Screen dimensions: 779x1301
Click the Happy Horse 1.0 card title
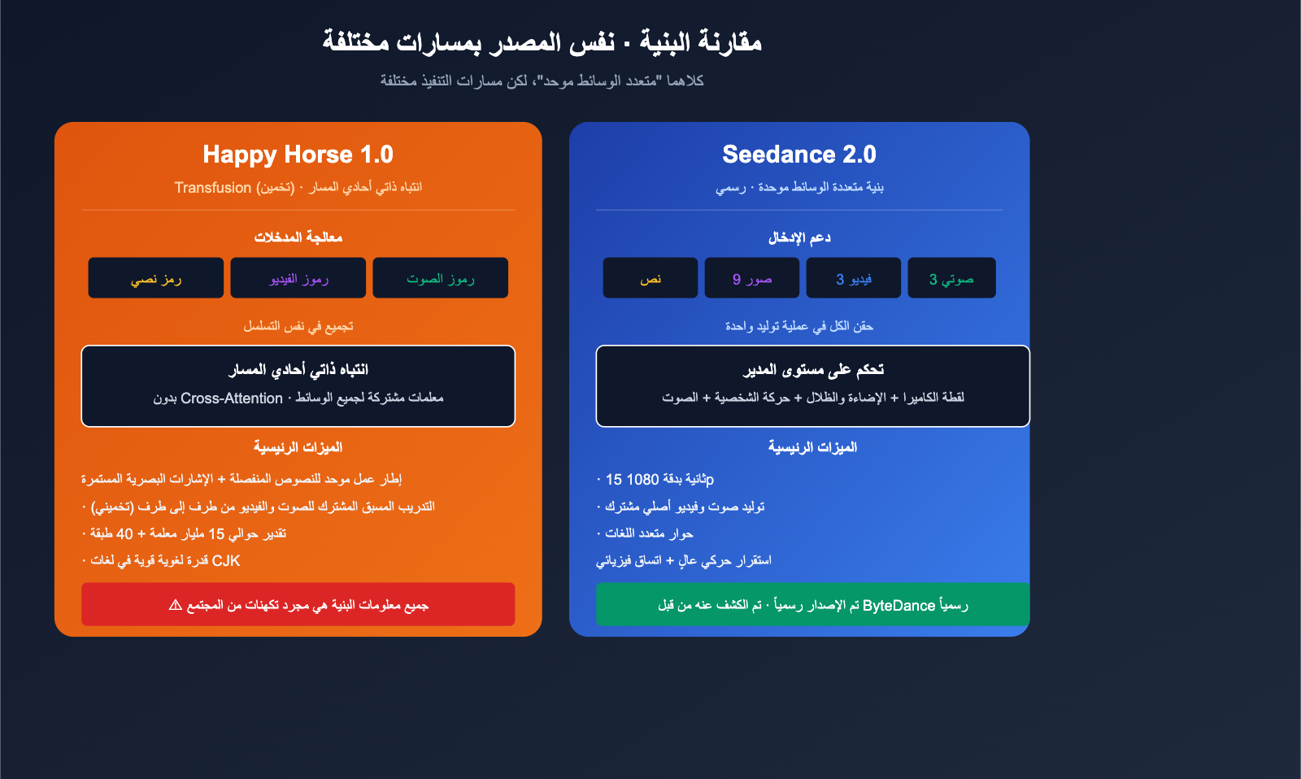tap(298, 154)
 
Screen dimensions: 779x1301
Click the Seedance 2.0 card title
tap(798, 154)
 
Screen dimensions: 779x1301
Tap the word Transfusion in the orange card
tap(213, 188)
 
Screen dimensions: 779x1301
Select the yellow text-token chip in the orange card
tap(156, 278)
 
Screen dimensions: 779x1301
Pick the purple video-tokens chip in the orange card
tap(298, 278)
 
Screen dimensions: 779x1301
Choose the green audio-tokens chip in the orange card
tap(440, 278)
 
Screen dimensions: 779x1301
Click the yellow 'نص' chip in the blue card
tap(650, 278)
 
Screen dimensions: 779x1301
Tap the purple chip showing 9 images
tap(751, 278)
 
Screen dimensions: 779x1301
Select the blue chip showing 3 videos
tap(853, 278)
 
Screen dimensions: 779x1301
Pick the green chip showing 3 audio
tap(951, 278)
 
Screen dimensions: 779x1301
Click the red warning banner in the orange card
tap(298, 604)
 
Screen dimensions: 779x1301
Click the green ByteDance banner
tap(812, 604)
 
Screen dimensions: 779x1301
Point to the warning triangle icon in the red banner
tap(175, 605)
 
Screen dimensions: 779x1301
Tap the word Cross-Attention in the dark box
tap(232, 398)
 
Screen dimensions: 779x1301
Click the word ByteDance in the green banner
tap(899, 606)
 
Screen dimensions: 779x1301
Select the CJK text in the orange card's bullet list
tap(226, 561)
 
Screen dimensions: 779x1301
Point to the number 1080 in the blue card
tap(642, 480)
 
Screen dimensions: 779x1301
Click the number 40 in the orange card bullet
tap(124, 534)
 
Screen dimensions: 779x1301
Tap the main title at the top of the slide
tap(542, 41)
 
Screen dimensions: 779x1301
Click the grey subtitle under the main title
tap(542, 81)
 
